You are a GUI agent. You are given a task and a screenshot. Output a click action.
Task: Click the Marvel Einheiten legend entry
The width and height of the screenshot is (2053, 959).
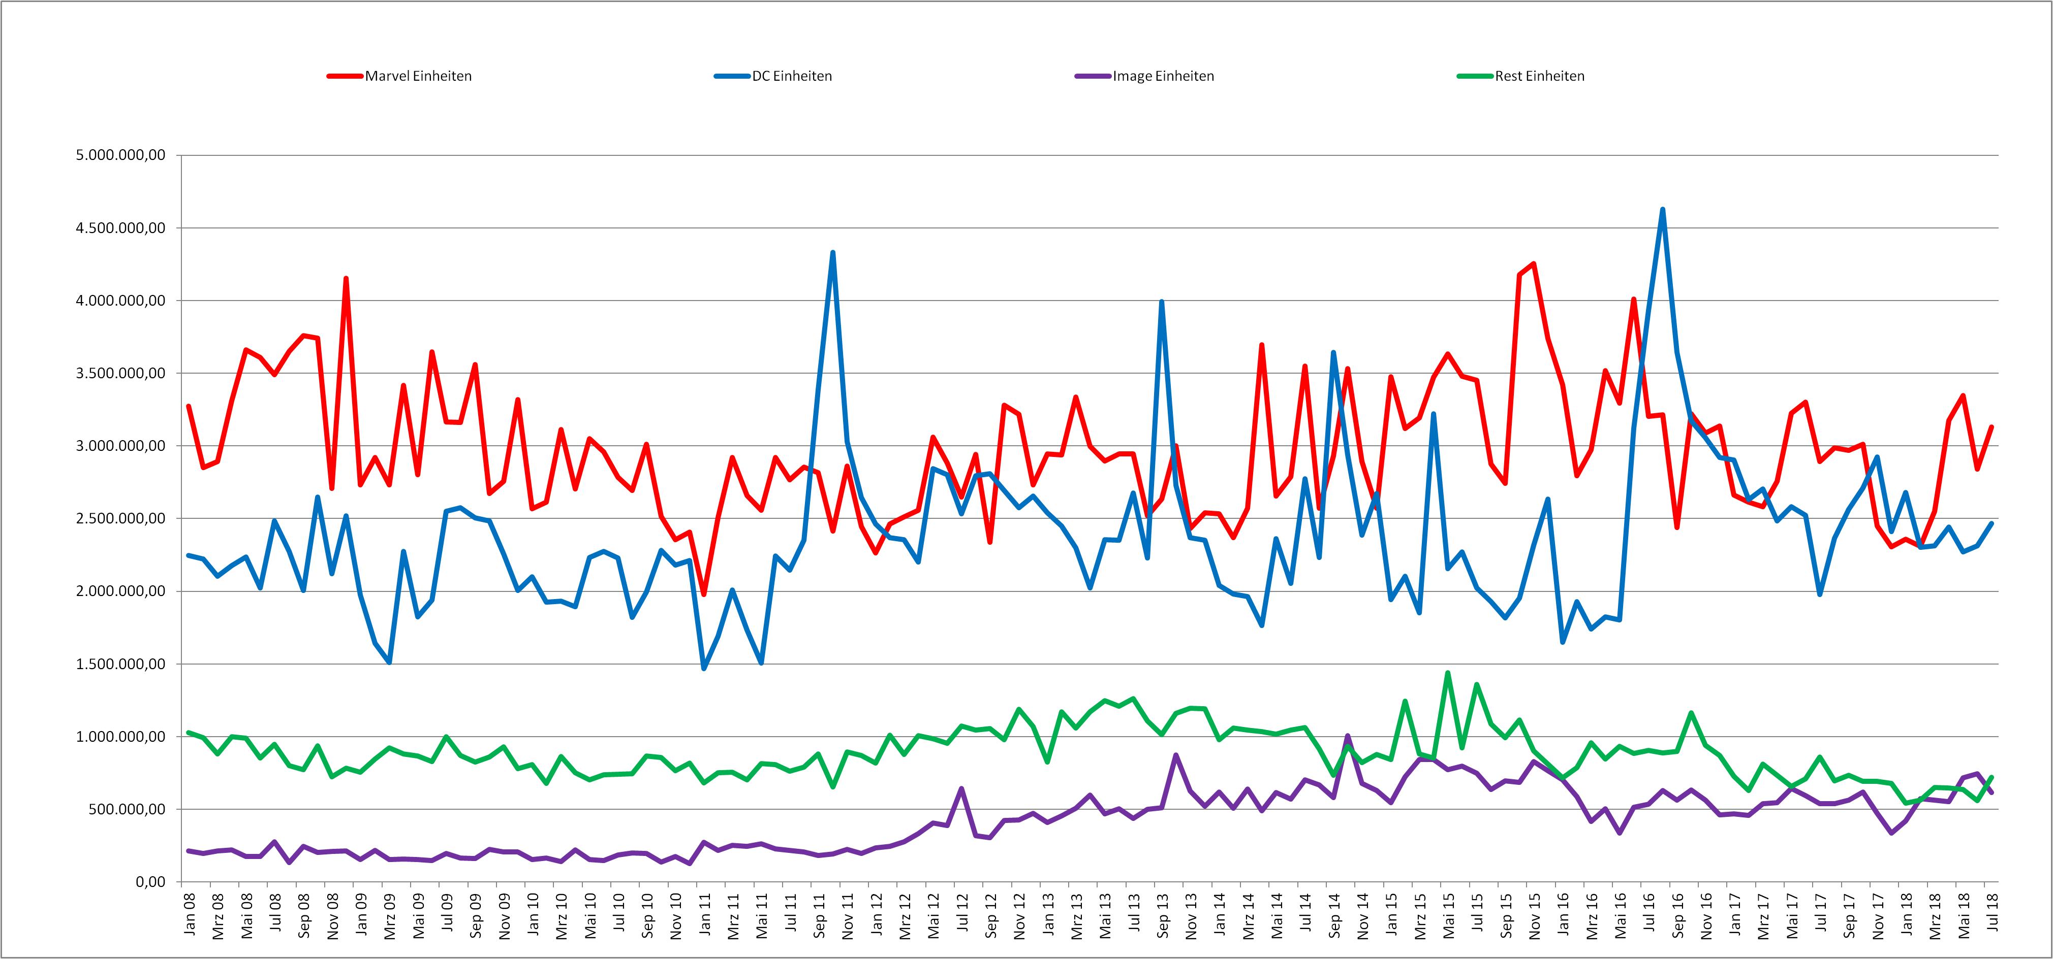(399, 77)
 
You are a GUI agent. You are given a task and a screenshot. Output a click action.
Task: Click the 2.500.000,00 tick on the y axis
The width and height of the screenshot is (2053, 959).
(120, 518)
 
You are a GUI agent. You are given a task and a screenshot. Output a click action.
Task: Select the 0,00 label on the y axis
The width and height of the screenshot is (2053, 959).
(147, 882)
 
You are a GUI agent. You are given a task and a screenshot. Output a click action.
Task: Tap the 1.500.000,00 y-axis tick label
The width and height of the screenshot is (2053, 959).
(120, 664)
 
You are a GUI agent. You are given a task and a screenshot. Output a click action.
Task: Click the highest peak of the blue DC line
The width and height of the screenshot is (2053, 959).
(1663, 210)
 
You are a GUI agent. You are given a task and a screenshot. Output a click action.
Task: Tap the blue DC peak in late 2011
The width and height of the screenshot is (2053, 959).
(833, 252)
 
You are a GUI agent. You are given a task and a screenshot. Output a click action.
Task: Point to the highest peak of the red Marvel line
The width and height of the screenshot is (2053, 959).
(1533, 263)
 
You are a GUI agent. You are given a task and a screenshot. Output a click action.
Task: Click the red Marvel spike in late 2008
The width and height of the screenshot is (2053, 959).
(346, 278)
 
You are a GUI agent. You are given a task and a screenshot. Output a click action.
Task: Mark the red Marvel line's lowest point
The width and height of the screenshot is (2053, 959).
(704, 593)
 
